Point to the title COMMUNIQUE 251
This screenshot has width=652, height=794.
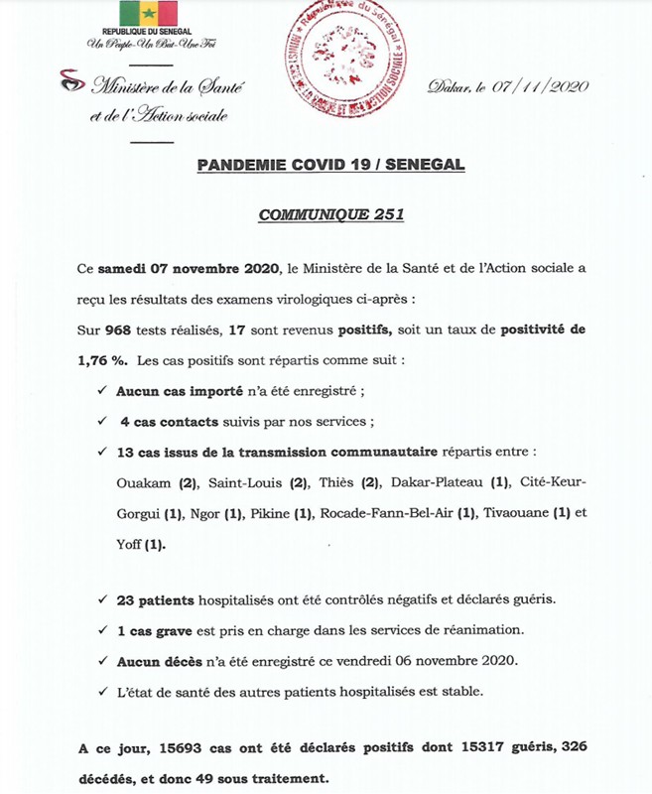326,213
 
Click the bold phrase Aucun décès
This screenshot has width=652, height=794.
159,660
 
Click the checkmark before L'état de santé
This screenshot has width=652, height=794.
105,690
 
